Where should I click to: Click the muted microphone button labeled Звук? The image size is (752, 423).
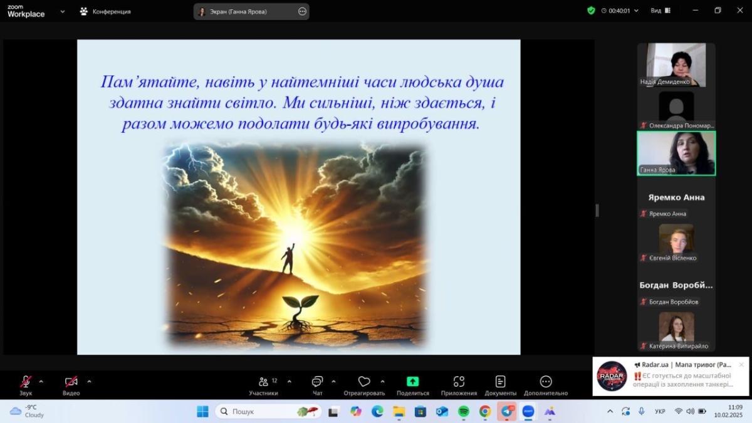pos(26,382)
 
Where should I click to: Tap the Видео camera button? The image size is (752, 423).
pos(71,382)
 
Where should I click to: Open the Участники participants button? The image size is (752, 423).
pos(264,382)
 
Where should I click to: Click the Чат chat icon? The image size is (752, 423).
pos(317,382)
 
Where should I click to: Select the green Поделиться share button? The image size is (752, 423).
pos(412,382)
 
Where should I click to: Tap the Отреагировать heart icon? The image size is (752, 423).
pos(364,382)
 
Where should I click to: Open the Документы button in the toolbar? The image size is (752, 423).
pos(500,382)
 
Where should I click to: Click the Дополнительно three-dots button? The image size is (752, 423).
pos(546,382)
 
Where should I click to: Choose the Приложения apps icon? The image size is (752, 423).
pos(459,382)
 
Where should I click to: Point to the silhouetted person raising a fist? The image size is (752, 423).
pos(288,258)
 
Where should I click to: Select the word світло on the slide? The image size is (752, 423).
pos(251,103)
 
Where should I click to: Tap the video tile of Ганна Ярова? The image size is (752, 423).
pos(676,154)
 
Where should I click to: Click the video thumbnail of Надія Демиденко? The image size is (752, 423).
pos(676,65)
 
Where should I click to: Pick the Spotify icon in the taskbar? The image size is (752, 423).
pos(464,411)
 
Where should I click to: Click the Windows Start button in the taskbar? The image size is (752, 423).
pos(202,411)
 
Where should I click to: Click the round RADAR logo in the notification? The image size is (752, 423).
pos(612,376)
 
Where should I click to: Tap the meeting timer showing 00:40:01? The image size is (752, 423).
pos(619,11)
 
